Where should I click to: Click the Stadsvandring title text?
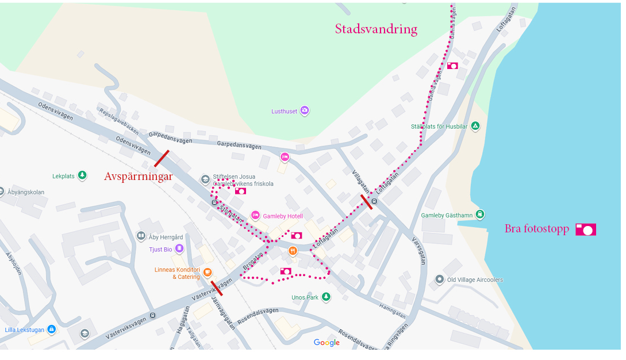[376, 29]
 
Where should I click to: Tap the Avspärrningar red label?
[138, 177]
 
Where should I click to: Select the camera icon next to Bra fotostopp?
[585, 230]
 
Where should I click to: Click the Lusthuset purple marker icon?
[305, 110]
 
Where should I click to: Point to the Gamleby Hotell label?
[282, 216]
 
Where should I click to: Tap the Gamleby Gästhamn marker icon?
[480, 214]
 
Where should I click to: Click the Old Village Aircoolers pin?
[440, 279]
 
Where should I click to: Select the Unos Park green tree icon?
[326, 297]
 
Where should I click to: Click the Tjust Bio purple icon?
[179, 248]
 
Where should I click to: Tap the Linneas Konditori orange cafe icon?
[208, 272]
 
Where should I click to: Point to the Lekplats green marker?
[83, 175]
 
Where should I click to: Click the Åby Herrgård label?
[166, 237]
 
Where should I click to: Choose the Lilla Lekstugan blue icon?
[51, 330]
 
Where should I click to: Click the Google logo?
[327, 343]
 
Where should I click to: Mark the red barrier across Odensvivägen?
[162, 159]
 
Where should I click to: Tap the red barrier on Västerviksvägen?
[217, 288]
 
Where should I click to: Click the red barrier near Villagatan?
[366, 202]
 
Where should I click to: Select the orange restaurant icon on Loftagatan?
[293, 251]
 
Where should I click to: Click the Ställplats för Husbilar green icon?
[475, 126]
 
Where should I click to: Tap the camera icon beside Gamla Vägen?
[452, 66]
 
